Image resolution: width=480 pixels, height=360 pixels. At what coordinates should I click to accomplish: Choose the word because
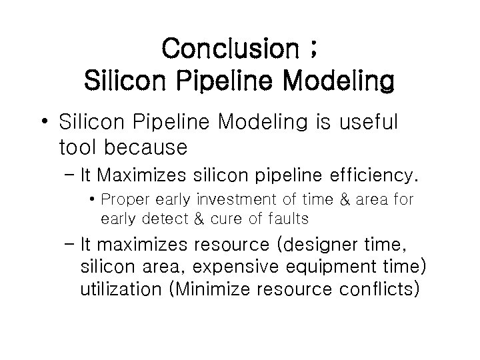(x=153, y=145)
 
